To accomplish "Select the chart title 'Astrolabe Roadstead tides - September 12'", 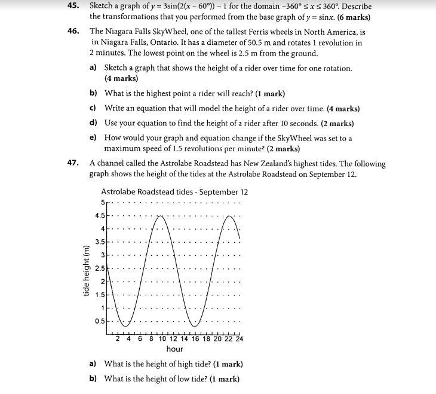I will (x=174, y=192).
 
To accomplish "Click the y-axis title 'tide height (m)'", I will (x=87, y=271).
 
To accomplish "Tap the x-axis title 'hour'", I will (x=174, y=349).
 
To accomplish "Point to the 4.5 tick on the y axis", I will (x=101, y=215).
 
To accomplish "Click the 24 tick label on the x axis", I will (x=239, y=339).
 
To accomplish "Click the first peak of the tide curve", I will (x=160, y=216).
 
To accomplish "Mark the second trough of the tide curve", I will (x=195, y=327).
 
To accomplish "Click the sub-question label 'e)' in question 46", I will (x=93, y=138).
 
